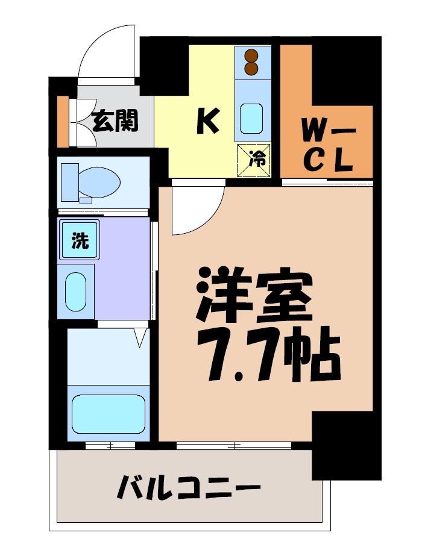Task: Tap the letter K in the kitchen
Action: [x=208, y=122]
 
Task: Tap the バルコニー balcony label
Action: [x=189, y=487]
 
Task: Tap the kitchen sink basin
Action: [x=251, y=118]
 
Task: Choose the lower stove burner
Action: [x=252, y=69]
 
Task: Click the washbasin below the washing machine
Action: [x=75, y=292]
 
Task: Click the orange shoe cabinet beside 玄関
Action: [x=63, y=121]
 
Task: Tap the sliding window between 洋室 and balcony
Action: [x=234, y=446]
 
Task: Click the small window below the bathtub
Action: [x=110, y=446]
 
